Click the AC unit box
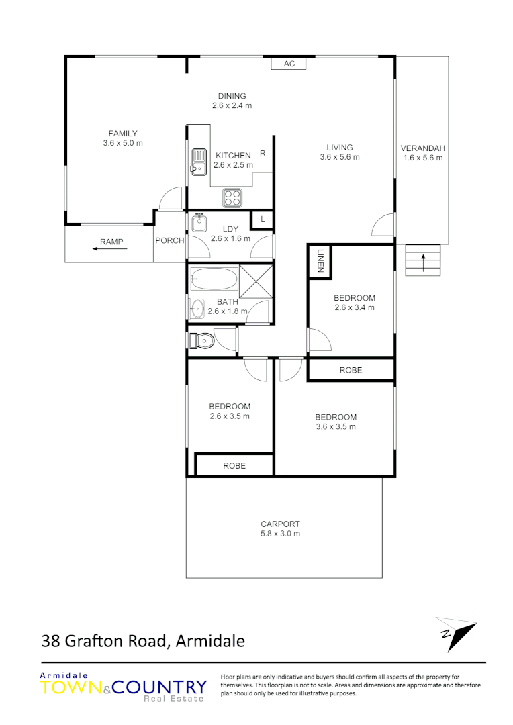tap(289, 64)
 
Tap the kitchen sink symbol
tap(198, 161)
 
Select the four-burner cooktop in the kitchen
tap(233, 198)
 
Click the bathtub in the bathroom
tap(214, 277)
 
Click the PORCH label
tap(169, 241)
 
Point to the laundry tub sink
tap(198, 222)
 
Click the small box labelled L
tap(263, 220)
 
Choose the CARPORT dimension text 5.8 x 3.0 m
tap(280, 534)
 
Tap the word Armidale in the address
tap(209, 641)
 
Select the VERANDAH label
tap(423, 148)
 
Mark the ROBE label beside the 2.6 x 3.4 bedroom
tap(351, 370)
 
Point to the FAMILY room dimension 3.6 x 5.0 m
tap(123, 143)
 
